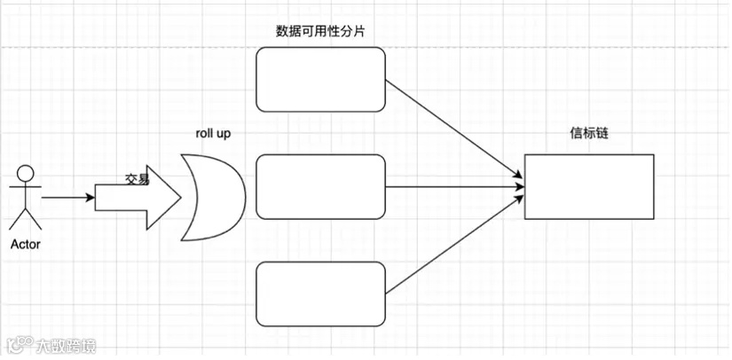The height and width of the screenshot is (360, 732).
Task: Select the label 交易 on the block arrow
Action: click(137, 178)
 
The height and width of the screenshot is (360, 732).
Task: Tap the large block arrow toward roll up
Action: click(142, 197)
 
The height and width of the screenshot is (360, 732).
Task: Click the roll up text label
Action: click(214, 133)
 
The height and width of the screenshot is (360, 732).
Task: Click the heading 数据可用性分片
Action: click(321, 31)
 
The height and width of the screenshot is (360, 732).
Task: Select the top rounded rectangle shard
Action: click(321, 80)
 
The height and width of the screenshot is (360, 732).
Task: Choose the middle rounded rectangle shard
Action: click(321, 186)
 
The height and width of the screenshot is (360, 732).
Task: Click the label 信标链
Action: click(588, 134)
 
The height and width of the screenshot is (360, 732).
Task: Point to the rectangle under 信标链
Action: click(588, 186)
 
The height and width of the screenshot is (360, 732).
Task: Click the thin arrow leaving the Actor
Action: click(67, 198)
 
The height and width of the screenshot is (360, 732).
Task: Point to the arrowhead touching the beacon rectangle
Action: click(518, 186)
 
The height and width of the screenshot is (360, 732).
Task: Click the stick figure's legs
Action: click(26, 218)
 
